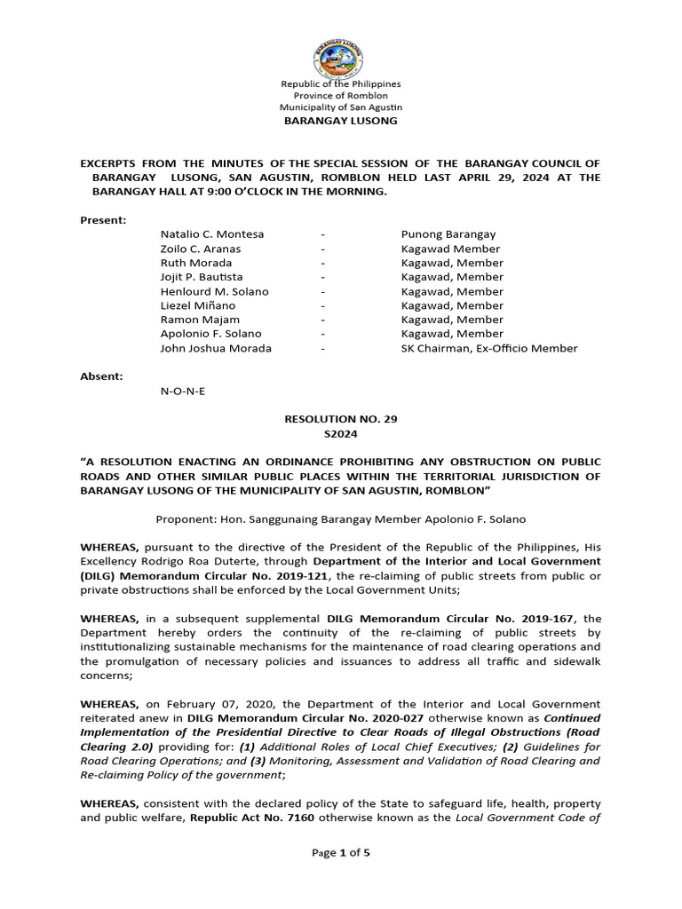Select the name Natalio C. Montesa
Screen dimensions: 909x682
212,234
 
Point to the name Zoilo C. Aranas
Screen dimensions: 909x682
200,249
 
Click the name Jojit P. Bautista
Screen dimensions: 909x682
201,277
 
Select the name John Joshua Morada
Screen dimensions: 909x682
216,348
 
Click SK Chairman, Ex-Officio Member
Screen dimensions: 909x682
489,348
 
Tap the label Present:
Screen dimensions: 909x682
104,219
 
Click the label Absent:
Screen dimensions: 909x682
102,376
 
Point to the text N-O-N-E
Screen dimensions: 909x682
182,391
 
